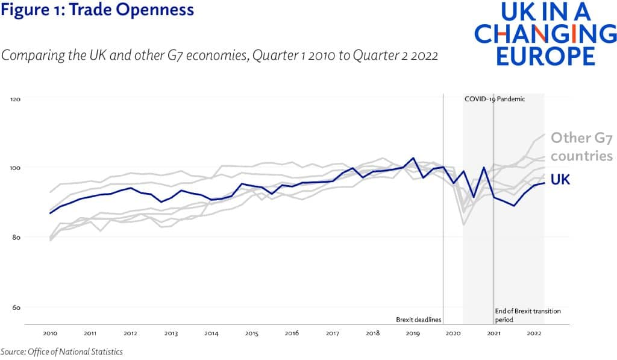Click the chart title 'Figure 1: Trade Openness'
coord(97,10)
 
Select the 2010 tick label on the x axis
coord(50,333)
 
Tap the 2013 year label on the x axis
coord(171,333)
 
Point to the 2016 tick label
coord(292,333)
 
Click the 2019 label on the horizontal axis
coord(413,333)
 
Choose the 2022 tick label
coord(534,333)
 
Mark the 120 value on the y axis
coord(16,98)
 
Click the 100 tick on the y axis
coord(16,168)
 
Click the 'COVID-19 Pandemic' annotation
coord(495,99)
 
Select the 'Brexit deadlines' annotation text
coord(418,318)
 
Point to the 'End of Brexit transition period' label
coord(528,315)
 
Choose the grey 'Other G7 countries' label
coord(581,147)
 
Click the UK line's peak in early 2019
coord(413,158)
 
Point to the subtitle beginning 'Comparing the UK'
coord(219,55)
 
